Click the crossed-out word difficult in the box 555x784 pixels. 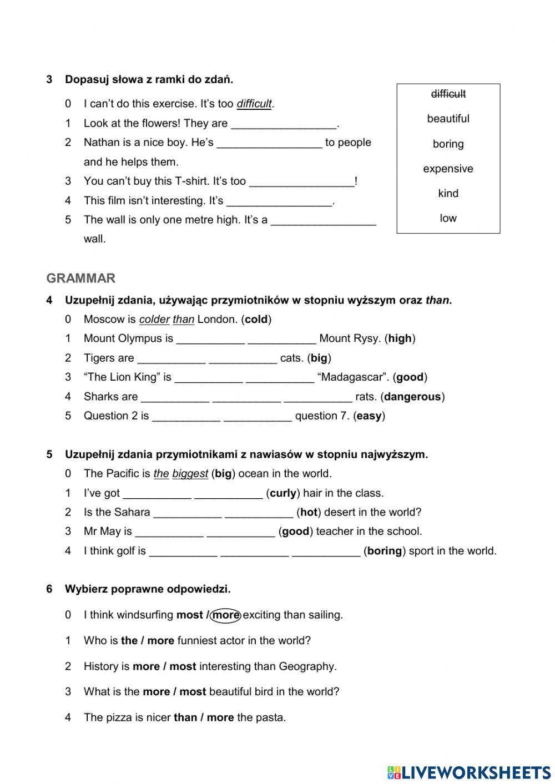point(448,94)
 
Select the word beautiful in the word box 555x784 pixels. point(448,119)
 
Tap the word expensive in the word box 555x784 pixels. point(448,169)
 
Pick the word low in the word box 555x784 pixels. point(448,218)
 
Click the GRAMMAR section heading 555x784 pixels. point(81,278)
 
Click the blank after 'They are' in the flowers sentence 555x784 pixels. point(284,124)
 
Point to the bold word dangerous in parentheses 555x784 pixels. point(412,397)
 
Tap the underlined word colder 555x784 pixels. point(154,319)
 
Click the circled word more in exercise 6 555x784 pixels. point(226,615)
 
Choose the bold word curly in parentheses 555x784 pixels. point(283,493)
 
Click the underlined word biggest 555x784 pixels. point(190,474)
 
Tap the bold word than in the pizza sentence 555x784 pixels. point(185,717)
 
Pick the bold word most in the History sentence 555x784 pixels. point(183,666)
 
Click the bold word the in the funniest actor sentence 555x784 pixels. point(129,641)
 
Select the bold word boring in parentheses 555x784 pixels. point(385,551)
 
